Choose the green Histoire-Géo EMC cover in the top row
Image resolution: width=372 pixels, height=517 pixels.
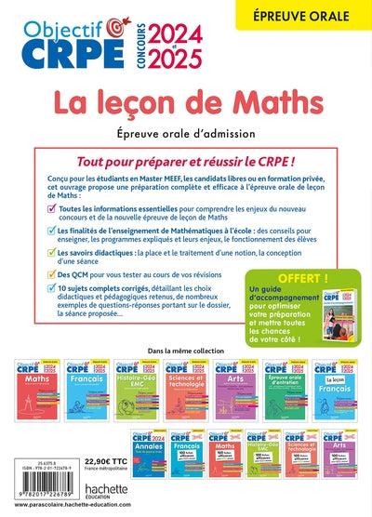tap(139, 387)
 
